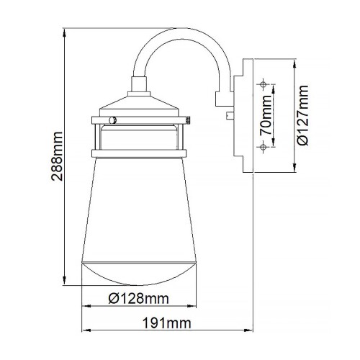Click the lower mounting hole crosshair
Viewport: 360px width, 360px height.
(264, 147)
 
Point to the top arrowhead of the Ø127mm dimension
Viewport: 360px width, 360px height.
(295, 60)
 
